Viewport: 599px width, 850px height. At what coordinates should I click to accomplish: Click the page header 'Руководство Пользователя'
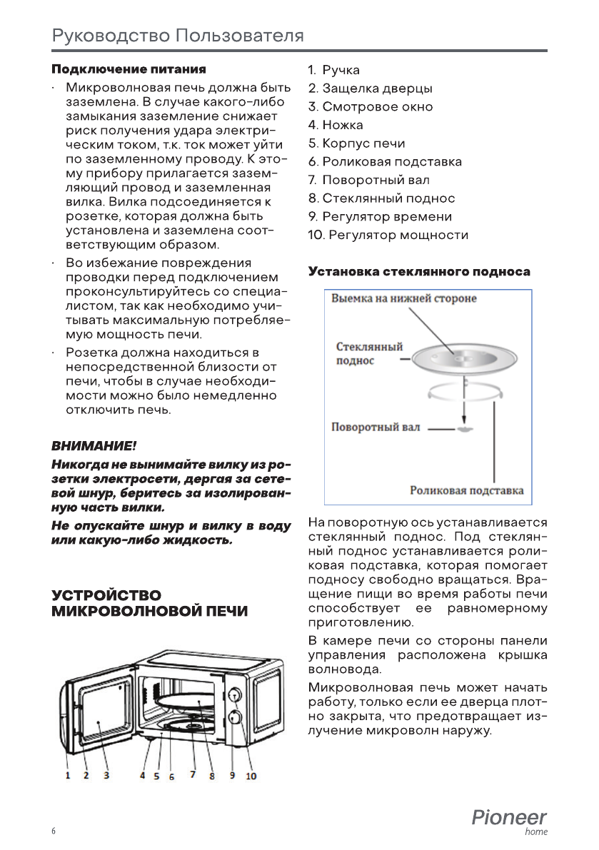[178, 35]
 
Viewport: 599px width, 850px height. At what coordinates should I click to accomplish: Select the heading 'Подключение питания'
[129, 69]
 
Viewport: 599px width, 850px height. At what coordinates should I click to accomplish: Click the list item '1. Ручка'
[334, 70]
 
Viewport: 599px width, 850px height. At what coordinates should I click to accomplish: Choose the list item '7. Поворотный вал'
[369, 180]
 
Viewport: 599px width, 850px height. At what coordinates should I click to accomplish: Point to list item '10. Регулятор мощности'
[388, 235]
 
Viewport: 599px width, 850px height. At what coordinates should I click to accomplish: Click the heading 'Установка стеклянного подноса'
[419, 272]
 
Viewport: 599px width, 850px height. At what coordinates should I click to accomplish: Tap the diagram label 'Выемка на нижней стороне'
[403, 298]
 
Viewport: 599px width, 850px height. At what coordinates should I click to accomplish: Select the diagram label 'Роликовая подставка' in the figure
[466, 490]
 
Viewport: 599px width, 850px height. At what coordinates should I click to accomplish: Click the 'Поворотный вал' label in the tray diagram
[376, 427]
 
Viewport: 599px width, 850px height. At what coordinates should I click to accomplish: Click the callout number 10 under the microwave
[251, 776]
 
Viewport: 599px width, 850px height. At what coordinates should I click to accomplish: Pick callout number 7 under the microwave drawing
[193, 775]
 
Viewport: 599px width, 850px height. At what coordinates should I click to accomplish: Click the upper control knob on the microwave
[234, 694]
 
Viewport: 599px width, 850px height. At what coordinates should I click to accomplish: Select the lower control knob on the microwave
[234, 717]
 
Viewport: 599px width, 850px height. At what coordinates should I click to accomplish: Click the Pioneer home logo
[509, 821]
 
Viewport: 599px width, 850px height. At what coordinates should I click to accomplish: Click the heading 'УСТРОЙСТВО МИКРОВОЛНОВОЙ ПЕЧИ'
[149, 603]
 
